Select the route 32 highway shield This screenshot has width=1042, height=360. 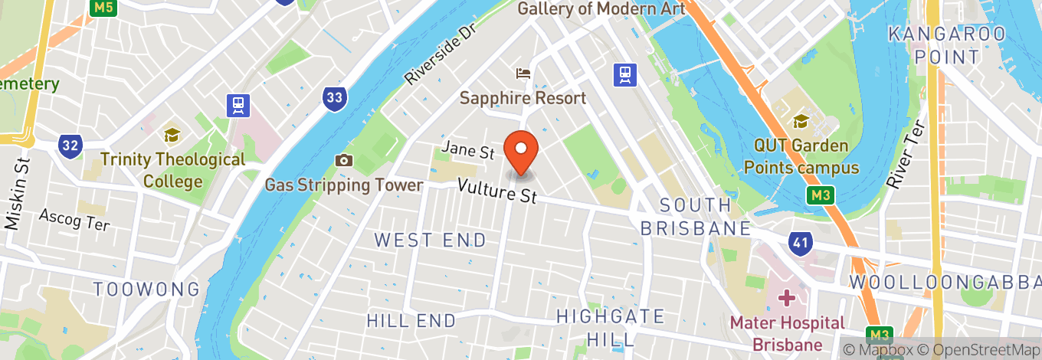coord(70,145)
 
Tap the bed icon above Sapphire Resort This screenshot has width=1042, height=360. coord(524,74)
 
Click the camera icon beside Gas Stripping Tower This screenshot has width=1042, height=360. coord(343,160)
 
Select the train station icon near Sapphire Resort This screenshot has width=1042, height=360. coord(625,74)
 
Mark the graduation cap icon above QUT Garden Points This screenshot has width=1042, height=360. coord(801,121)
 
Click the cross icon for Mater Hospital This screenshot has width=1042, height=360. coord(786,297)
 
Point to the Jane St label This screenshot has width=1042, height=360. coord(467,150)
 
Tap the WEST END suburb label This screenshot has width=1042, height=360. coord(430,240)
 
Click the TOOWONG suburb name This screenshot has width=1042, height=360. coord(146,289)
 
